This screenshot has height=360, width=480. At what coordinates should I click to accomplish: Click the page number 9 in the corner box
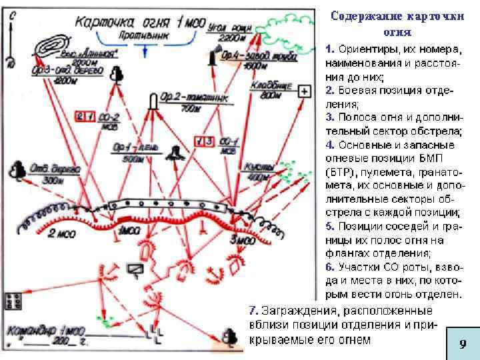(x=461, y=345)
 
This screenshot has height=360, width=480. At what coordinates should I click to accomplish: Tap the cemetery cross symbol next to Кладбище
(x=304, y=91)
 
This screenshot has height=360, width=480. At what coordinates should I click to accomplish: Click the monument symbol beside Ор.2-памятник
(x=153, y=101)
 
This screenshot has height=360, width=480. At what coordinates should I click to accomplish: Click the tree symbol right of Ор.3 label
(x=117, y=73)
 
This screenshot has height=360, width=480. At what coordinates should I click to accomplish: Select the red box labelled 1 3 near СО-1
(x=203, y=141)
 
